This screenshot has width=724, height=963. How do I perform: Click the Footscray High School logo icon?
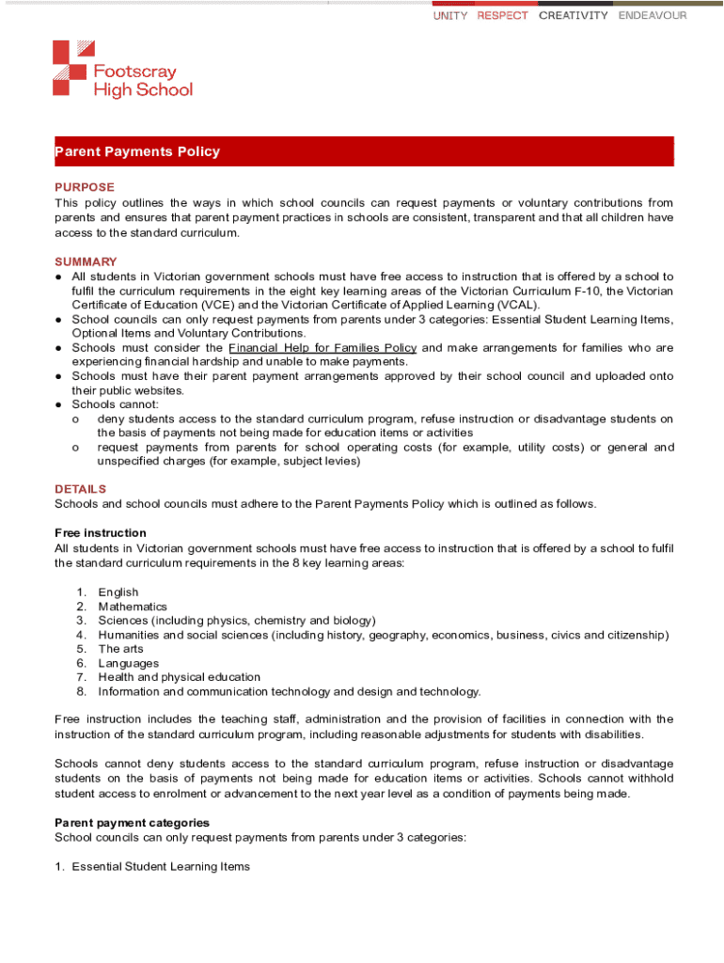click(x=73, y=68)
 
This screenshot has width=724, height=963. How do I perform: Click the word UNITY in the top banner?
click(x=450, y=16)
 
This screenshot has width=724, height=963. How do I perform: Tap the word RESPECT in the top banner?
click(x=502, y=16)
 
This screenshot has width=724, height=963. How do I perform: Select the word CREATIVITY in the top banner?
click(x=574, y=16)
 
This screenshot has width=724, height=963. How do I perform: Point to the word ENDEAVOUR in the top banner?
click(x=653, y=16)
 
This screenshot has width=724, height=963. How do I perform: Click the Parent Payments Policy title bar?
click(x=364, y=151)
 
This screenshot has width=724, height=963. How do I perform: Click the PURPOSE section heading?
click(x=85, y=187)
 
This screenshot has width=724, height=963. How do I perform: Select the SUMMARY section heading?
click(x=86, y=261)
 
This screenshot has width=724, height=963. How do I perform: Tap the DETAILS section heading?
click(x=81, y=489)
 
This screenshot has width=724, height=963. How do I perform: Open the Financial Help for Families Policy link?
click(x=323, y=348)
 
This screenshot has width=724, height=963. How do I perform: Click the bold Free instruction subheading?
click(x=101, y=533)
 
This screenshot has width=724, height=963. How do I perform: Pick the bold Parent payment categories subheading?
click(x=132, y=823)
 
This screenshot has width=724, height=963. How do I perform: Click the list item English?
click(x=118, y=592)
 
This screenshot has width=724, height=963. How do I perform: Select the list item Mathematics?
click(x=133, y=607)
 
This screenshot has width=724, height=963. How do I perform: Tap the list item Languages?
click(x=129, y=663)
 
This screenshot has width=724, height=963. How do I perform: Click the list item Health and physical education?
click(x=180, y=677)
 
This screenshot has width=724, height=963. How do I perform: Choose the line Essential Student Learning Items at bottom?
click(x=161, y=866)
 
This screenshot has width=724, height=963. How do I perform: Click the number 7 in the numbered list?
click(x=82, y=677)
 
